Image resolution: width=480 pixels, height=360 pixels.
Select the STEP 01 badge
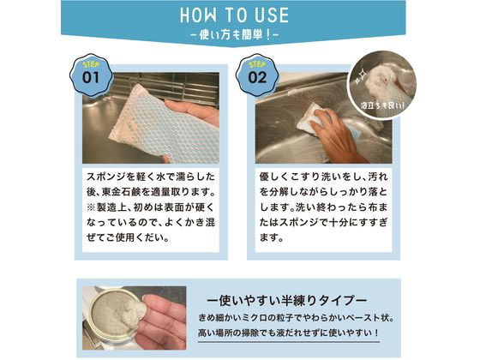tap(92, 75)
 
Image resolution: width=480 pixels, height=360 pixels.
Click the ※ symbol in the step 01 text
tap(90, 207)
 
